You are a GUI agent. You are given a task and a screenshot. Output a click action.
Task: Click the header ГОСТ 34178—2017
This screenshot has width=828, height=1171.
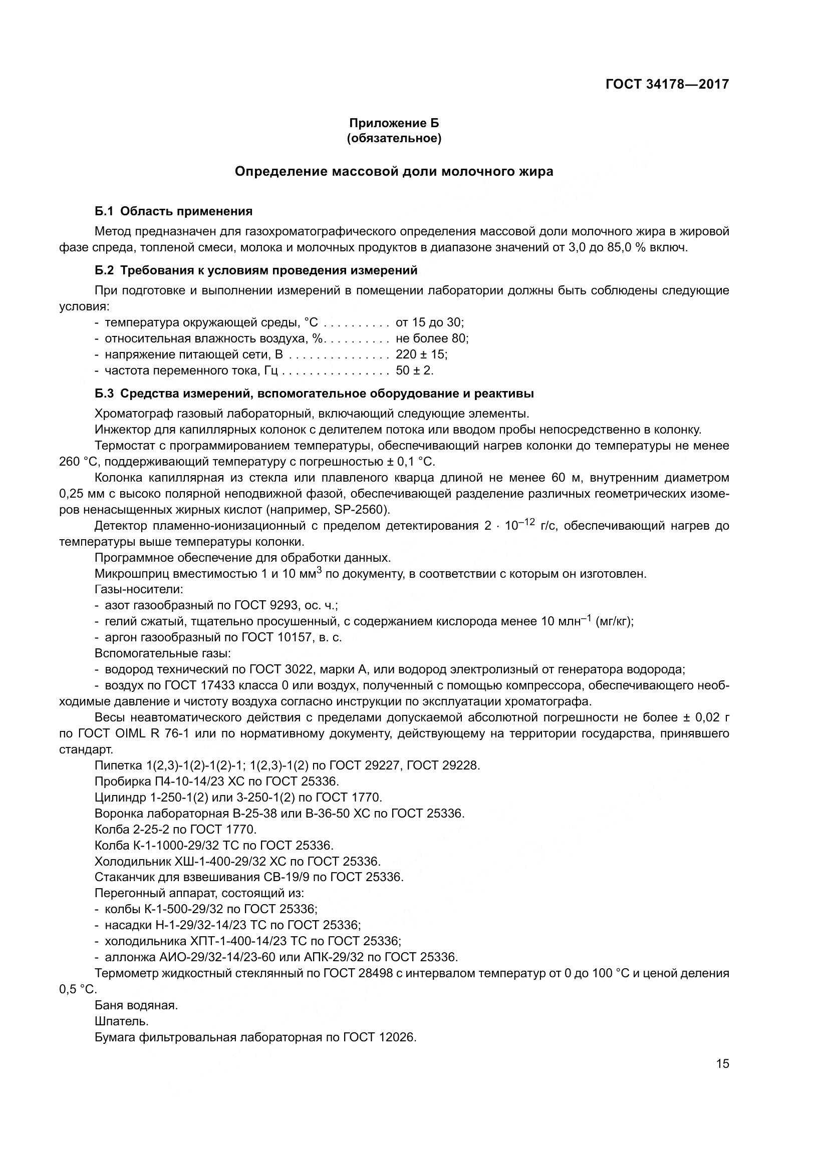667,84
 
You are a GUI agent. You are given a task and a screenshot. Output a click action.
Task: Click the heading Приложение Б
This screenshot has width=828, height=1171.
394,123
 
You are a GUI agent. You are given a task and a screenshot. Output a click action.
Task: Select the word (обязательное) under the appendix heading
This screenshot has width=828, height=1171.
394,138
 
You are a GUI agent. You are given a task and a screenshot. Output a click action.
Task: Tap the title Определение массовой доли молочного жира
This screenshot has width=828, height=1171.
394,172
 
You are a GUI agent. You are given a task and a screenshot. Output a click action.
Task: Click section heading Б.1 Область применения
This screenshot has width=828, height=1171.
173,211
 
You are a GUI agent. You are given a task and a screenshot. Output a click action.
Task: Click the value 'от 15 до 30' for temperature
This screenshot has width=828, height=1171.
429,322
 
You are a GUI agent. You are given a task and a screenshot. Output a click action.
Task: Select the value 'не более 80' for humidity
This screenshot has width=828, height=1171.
432,338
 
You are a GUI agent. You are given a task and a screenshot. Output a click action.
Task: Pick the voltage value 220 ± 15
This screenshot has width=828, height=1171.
421,354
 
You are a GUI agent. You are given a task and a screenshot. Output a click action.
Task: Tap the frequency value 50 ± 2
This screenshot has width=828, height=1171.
414,370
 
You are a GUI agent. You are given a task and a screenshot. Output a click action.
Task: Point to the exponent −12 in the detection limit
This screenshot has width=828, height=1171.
527,522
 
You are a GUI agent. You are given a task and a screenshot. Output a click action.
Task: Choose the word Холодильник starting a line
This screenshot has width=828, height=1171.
133,862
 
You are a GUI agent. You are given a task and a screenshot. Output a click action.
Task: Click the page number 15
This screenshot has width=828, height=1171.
722,1064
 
